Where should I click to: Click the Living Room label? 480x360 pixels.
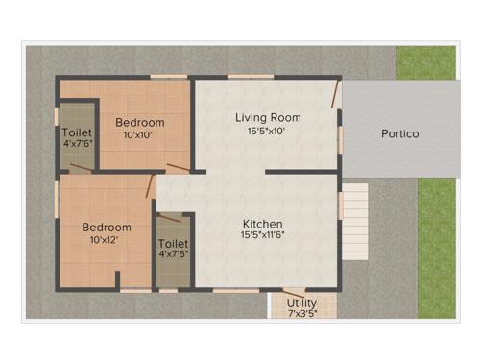[269, 117]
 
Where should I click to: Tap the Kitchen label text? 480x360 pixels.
[262, 220]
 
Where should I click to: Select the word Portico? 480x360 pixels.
[399, 134]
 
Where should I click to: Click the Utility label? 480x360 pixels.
[302, 302]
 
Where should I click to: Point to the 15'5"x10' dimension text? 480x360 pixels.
[269, 132]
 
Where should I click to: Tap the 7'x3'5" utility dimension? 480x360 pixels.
[302, 313]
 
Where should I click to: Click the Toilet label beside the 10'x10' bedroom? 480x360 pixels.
[77, 132]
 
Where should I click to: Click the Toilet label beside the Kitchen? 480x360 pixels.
[174, 244]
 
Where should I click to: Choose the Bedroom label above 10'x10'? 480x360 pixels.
[140, 123]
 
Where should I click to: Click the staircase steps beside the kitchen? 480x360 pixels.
[355, 203]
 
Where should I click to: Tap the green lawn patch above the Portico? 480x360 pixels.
[426, 62]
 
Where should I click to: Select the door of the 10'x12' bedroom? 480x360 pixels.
[152, 185]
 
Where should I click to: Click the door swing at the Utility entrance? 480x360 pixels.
[297, 290]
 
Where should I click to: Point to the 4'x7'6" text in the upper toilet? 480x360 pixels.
[77, 145]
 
